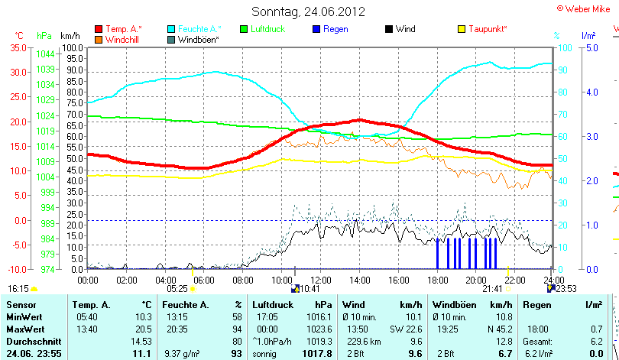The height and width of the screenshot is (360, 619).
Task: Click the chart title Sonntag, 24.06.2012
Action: [x=309, y=11]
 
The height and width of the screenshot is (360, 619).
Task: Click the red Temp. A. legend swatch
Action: [x=99, y=29]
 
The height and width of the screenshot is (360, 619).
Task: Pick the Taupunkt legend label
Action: [x=488, y=29]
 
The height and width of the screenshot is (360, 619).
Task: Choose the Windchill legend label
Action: [x=123, y=39]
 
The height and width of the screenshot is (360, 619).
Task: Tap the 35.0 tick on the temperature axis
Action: [x=18, y=47]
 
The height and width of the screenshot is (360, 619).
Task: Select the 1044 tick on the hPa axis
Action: [x=45, y=54]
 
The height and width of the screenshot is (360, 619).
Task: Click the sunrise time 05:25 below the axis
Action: [x=177, y=289]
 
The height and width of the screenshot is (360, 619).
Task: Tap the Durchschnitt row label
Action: [x=31, y=341]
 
